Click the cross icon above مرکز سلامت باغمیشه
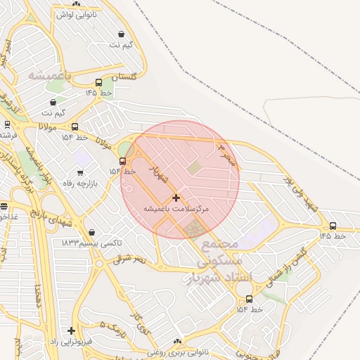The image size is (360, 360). [176, 198]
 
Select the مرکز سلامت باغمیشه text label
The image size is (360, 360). [176, 209]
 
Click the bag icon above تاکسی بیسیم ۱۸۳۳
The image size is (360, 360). [93, 232]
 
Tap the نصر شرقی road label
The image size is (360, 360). [131, 259]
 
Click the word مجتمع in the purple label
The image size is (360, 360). [220, 244]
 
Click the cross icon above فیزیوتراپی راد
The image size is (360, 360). [71, 330]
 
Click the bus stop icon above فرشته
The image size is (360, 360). [7, 124]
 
